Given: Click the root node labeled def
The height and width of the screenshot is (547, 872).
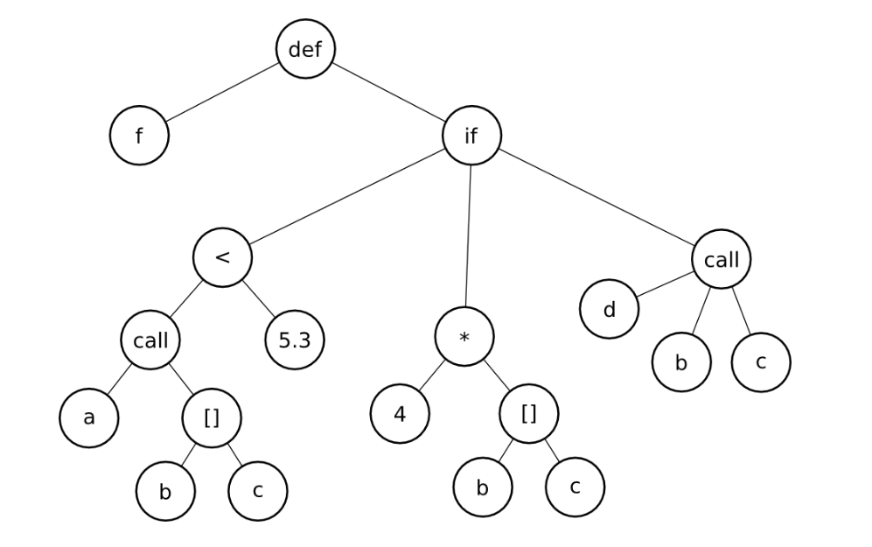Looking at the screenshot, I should (x=306, y=49).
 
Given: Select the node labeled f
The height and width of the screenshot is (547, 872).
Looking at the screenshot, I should (x=139, y=137).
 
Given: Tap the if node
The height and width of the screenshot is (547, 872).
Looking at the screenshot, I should (x=471, y=137).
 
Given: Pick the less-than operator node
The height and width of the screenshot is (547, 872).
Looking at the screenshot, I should (x=223, y=258).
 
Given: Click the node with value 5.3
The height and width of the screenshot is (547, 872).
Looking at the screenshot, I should (x=295, y=340).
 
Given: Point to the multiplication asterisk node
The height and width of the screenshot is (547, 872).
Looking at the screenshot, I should (x=464, y=338).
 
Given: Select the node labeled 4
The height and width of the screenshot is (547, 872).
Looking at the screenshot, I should (x=400, y=414).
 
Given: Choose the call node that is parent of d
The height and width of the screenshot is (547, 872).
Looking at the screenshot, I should (x=722, y=260).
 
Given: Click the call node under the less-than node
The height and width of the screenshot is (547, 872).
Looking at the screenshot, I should (x=151, y=340).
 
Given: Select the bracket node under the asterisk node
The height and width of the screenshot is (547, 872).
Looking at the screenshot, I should (x=529, y=414).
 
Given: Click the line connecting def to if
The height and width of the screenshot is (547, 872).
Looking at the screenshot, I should (x=388, y=93).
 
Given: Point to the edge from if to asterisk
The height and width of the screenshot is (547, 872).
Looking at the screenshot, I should (x=468, y=236).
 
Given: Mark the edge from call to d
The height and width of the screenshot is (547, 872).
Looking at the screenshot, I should (x=666, y=284).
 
